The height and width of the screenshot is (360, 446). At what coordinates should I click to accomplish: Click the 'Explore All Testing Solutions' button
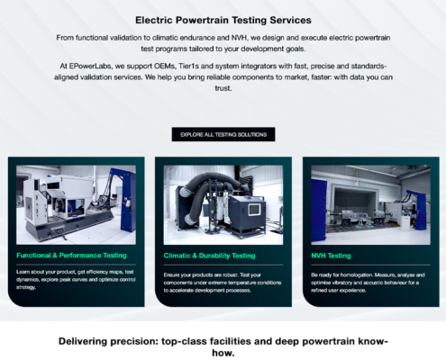pos(223,134)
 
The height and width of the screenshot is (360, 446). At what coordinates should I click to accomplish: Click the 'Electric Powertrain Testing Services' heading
pos(223,19)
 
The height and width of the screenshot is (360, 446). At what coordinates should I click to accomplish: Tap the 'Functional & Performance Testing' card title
pos(71,255)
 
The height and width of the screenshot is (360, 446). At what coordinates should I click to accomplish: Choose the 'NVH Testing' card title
pos(332,255)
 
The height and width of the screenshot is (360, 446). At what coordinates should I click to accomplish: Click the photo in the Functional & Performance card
pos(76,206)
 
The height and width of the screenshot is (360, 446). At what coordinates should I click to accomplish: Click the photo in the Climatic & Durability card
pos(223,206)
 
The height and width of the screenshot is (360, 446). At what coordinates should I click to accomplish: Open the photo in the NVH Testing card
pos(369,206)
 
